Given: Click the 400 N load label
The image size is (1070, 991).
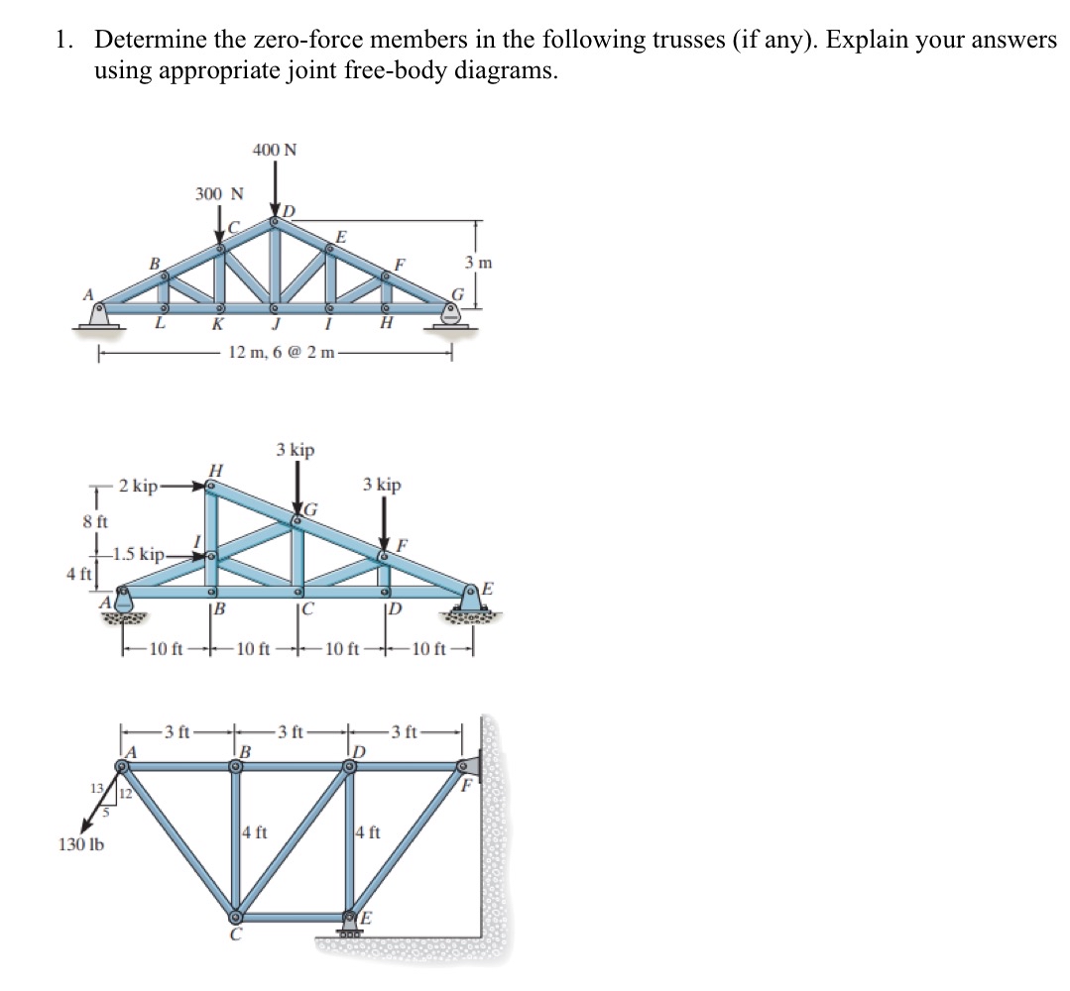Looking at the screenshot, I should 275,150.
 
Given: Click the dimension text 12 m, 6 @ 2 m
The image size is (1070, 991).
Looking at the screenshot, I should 284,352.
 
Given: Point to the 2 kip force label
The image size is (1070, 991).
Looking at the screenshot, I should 137,486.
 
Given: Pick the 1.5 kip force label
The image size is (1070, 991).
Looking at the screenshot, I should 141,553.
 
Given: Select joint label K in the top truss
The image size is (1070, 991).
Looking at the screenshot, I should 215,326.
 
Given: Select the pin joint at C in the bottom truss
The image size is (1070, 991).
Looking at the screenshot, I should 237,916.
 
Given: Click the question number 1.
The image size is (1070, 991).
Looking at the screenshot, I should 63,40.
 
